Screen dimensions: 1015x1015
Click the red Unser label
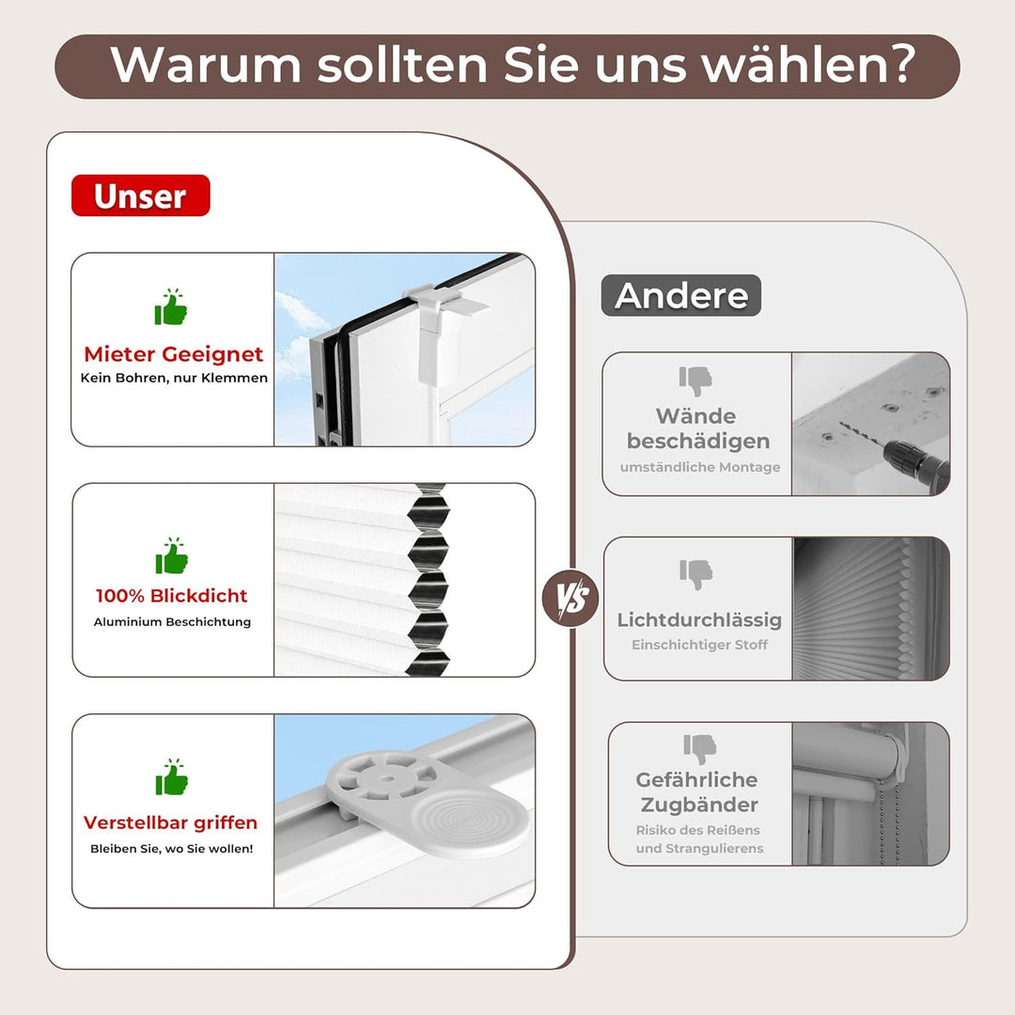pos(140,195)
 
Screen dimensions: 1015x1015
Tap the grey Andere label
pos(680,295)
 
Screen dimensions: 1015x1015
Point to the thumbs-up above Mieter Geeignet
pos(171,308)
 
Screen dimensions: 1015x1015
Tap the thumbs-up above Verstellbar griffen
pos(171,778)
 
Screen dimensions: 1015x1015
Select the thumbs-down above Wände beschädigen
pos(696,381)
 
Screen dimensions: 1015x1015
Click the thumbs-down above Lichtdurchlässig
pos(696,573)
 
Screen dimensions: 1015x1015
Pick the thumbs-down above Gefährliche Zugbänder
pos(700,749)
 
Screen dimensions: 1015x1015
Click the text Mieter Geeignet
pos(174,354)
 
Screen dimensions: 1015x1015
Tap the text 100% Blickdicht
pos(172,596)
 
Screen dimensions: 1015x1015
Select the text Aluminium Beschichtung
pos(172,622)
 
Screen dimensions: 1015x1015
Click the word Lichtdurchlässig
pos(699,620)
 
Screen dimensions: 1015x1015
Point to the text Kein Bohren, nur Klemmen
pos(174,378)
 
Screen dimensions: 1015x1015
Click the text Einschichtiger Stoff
pos(699,645)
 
